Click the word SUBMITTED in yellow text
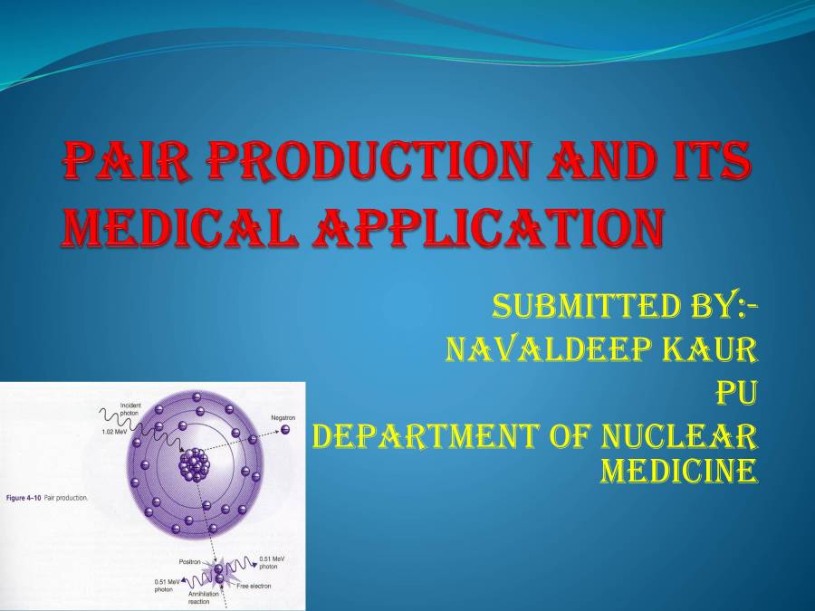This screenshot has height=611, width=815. click(x=585, y=306)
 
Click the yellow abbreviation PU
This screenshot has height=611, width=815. click(x=736, y=393)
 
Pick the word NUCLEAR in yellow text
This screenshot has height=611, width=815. click(x=679, y=436)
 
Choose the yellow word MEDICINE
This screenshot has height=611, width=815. click(x=679, y=471)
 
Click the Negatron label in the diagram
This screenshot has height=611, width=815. click(x=283, y=417)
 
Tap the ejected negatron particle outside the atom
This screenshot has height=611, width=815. click(x=285, y=429)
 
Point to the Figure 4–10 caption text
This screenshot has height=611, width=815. click(x=47, y=498)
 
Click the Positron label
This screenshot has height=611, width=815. click(x=190, y=562)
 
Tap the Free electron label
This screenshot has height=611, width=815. click(x=254, y=586)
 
